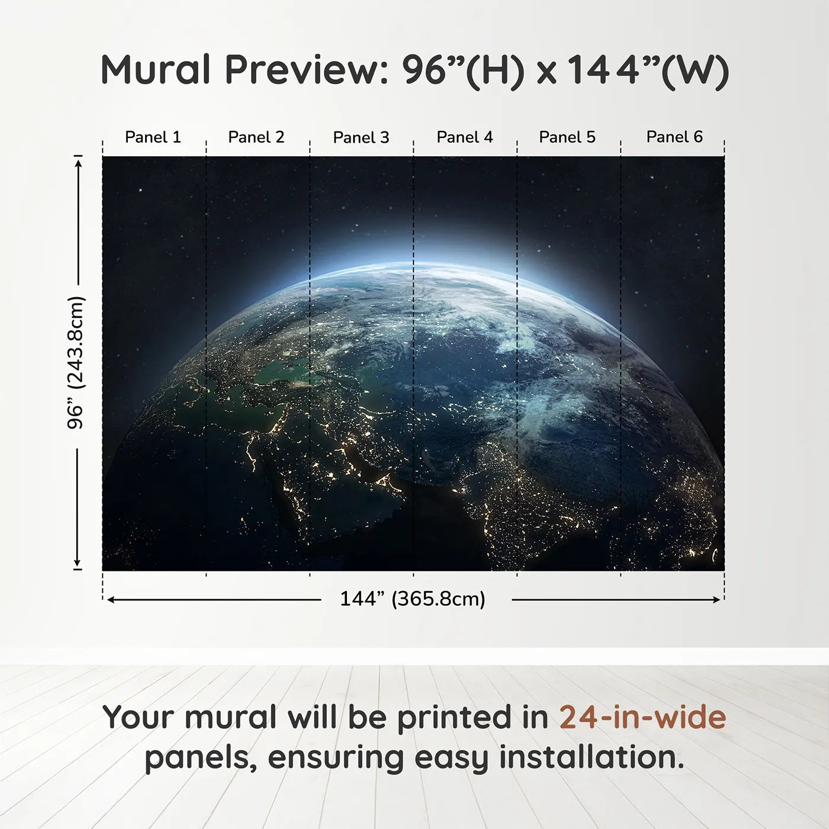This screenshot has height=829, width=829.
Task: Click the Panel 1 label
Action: click(x=153, y=137)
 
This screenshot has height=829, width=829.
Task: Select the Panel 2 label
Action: click(x=256, y=137)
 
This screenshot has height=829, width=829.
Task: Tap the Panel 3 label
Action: click(x=361, y=138)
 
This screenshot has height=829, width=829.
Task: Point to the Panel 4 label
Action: click(x=465, y=137)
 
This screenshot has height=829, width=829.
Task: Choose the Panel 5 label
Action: click(x=567, y=137)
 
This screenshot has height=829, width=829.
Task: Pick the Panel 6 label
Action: click(x=674, y=137)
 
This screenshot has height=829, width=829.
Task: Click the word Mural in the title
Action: click(x=155, y=70)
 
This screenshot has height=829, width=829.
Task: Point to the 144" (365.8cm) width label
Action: click(x=413, y=599)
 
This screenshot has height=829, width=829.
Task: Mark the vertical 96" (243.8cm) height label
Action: click(x=76, y=362)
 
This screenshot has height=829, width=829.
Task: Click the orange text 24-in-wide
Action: click(x=642, y=717)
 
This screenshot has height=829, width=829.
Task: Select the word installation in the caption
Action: click(x=592, y=757)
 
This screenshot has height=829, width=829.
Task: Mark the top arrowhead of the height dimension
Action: click(x=78, y=161)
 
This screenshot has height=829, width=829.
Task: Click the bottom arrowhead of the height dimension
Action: click(x=77, y=563)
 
